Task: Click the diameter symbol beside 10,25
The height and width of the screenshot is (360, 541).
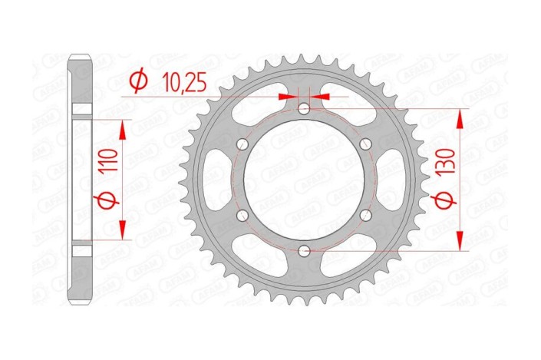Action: (139, 81)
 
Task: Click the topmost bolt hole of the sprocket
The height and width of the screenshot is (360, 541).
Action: (305, 110)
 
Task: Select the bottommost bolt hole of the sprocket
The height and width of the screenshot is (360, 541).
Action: (305, 250)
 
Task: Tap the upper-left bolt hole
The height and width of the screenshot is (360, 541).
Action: (244, 145)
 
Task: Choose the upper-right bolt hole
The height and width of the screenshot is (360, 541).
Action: (365, 145)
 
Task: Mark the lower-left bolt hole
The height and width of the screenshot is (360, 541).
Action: (244, 216)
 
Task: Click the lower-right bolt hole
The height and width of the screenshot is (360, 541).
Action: (365, 216)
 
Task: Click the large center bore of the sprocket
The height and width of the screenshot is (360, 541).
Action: (305, 180)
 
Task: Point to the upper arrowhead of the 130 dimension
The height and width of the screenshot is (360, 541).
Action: (460, 116)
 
